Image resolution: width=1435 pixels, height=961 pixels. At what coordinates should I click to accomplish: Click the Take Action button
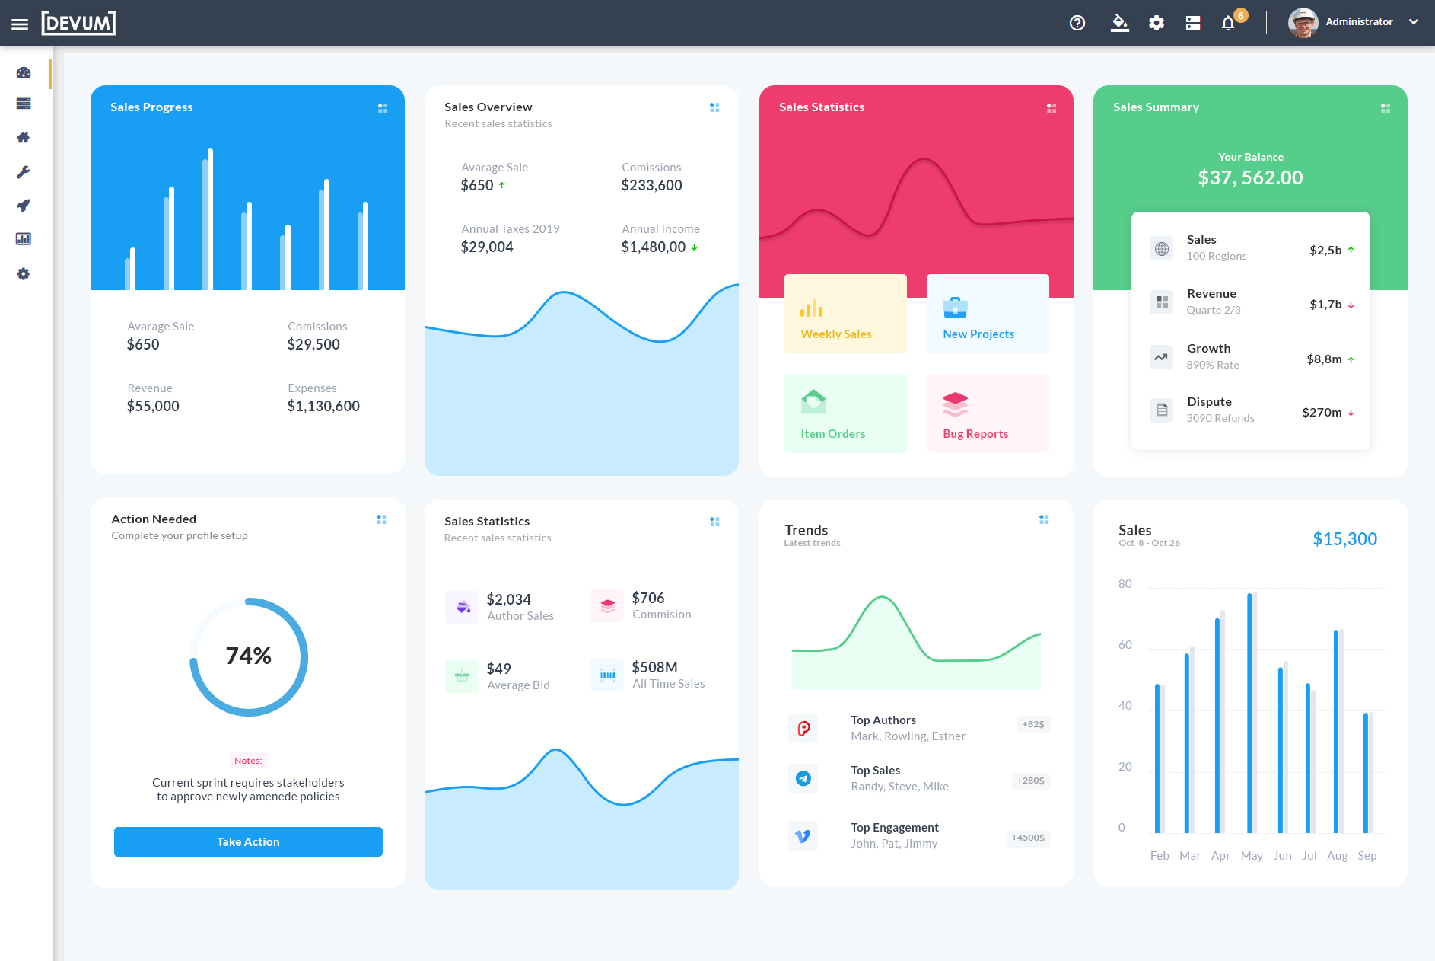pos(248,841)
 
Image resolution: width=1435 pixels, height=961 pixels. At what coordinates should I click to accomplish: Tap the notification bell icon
pos(1228,23)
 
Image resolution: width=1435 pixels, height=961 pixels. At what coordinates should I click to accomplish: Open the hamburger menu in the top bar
pos(20,24)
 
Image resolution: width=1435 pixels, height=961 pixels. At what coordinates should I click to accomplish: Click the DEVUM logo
pos(78,23)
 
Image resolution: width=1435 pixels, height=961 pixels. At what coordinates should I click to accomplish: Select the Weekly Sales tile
pos(845,314)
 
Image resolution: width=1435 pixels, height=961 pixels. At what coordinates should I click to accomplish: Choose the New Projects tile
pos(988,314)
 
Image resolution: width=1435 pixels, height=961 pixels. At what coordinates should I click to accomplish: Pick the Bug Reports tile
pos(988,413)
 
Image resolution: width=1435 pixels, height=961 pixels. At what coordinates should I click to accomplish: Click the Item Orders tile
pos(845,413)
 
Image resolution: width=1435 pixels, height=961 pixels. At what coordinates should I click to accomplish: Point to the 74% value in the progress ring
pos(249,656)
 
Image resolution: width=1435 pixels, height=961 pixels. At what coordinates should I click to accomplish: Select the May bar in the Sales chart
pos(1250,712)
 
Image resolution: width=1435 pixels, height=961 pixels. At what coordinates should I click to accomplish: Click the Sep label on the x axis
pos(1367,856)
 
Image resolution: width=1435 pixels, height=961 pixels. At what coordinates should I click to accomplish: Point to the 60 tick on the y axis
pos(1125,645)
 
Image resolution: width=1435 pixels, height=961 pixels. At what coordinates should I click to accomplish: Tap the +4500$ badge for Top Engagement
pos(1028,838)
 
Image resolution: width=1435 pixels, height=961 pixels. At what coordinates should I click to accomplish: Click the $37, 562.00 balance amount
pos(1250,177)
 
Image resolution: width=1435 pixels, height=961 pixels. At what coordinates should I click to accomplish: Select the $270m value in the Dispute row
pos(1322,413)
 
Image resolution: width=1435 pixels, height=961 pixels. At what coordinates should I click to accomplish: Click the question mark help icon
pos(1077,23)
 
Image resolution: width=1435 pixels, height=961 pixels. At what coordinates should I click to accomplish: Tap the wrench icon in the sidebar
pos(24,172)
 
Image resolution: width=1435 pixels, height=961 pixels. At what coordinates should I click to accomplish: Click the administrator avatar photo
pos(1303,23)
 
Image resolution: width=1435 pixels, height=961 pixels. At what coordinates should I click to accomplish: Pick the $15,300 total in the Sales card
pos(1344,539)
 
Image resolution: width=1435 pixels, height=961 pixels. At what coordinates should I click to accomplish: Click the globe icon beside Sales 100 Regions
pos(1162,248)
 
